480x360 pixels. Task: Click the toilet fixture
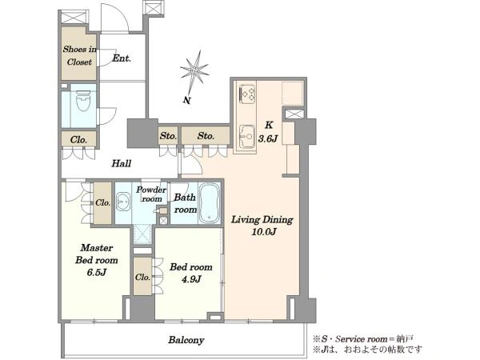(x=83, y=101)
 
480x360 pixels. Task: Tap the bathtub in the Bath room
(x=210, y=203)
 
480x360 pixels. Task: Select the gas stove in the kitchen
(x=246, y=94)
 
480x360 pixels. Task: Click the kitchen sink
(x=246, y=137)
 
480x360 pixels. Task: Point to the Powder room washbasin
(x=123, y=202)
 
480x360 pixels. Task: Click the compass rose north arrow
(x=194, y=72)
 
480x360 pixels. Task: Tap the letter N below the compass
(x=187, y=100)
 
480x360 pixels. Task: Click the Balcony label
(x=186, y=340)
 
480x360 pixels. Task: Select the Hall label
(x=122, y=163)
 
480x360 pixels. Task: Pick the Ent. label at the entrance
(x=122, y=58)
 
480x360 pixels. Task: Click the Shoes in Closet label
(x=79, y=55)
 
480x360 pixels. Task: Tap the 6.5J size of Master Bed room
(x=97, y=272)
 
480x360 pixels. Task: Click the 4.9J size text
(x=191, y=279)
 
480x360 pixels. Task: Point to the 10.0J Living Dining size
(x=263, y=232)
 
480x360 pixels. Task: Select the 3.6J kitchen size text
(x=268, y=138)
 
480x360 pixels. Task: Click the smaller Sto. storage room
(x=168, y=136)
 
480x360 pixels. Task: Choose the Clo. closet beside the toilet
(x=79, y=140)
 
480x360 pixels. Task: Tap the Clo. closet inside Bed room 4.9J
(x=142, y=277)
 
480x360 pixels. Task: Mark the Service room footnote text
(x=363, y=339)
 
